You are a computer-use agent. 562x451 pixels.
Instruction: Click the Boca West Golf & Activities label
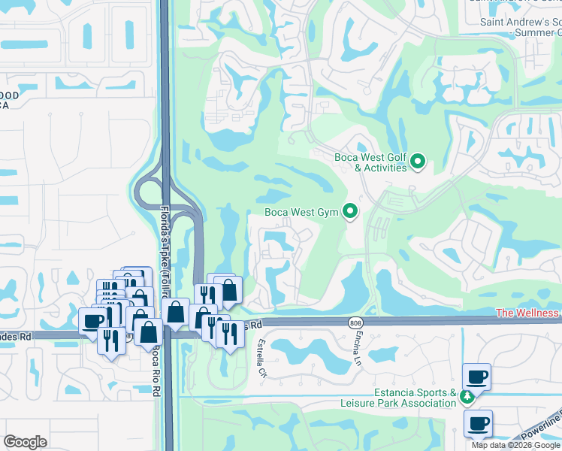(x=370, y=162)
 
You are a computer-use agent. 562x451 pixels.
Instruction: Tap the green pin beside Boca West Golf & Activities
(x=418, y=161)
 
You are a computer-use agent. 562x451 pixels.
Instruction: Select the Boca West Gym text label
(x=301, y=213)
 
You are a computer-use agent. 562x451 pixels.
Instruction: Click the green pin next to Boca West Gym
(x=350, y=213)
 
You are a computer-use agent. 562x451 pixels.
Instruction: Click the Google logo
(x=25, y=442)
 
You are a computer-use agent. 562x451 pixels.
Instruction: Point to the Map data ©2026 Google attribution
(x=516, y=445)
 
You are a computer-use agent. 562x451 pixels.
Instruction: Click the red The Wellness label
(x=527, y=313)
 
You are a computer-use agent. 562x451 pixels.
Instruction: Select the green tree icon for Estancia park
(x=467, y=395)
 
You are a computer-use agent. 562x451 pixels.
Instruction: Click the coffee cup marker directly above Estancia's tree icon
(x=477, y=376)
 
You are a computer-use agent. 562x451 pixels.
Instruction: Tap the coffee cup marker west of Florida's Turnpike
(x=93, y=321)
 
